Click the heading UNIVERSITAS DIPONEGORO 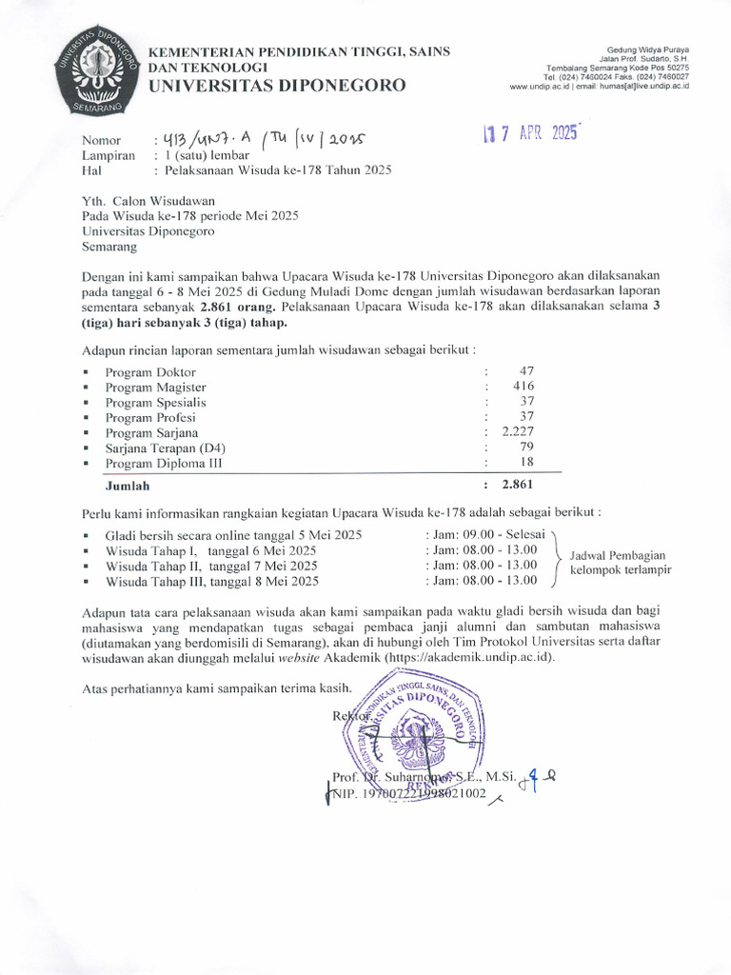[275, 86]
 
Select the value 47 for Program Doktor [526, 371]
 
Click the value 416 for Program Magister [524, 387]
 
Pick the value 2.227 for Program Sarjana [519, 431]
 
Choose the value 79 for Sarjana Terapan [526, 447]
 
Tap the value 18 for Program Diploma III [526, 462]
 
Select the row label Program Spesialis [155, 402]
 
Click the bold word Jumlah [127, 486]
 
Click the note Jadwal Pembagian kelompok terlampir [620, 563]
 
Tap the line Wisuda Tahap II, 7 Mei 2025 [211, 566]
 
